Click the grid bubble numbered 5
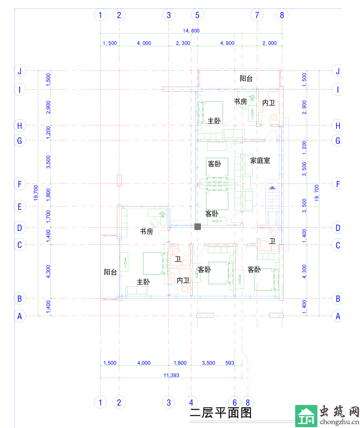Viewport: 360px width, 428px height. [197, 15]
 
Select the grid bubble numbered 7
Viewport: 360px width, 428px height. [257, 15]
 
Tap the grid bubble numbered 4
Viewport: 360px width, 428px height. [191, 402]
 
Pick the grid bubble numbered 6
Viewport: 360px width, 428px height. [235, 402]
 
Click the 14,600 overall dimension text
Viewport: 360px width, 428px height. [191, 31]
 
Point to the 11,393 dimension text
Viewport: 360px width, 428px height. [171, 376]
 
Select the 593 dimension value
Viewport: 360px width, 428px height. [229, 363]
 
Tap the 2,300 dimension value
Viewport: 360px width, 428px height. [183, 43]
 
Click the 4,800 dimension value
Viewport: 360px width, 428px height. [227, 43]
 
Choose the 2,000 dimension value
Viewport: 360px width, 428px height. [270, 43]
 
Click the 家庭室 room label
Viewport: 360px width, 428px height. [260, 160]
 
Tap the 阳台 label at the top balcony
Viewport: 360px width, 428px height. [246, 79]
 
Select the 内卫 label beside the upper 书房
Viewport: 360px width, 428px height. [269, 103]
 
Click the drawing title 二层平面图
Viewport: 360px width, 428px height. [221, 413]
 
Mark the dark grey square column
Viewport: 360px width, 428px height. [197, 227]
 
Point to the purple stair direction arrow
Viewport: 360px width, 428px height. [273, 188]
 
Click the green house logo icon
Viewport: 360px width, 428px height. [306, 416]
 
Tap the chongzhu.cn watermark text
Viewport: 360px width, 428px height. [339, 422]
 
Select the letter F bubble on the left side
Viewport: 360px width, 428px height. [20, 184]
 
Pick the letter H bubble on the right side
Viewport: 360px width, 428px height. [338, 126]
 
